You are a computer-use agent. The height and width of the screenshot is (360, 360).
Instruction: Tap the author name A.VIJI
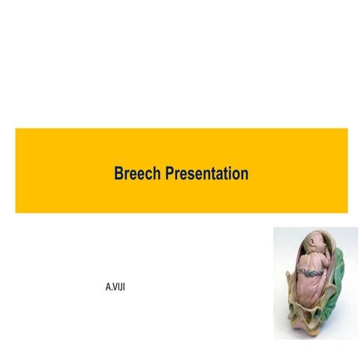click(115, 286)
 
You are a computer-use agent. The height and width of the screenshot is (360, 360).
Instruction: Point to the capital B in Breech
click(118, 174)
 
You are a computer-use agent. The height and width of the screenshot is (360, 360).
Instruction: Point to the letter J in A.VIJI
click(120, 286)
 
